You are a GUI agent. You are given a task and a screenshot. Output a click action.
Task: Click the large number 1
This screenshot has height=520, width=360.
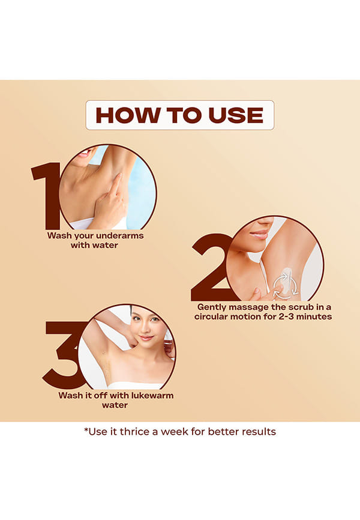46,196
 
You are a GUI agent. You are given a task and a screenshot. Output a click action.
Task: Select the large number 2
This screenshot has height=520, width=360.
211,267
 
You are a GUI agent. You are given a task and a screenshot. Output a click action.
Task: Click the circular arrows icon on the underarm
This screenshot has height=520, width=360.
285,285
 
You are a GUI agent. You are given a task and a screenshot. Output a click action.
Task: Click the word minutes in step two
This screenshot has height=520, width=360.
314,316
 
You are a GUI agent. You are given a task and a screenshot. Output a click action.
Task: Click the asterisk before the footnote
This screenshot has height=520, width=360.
86,430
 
